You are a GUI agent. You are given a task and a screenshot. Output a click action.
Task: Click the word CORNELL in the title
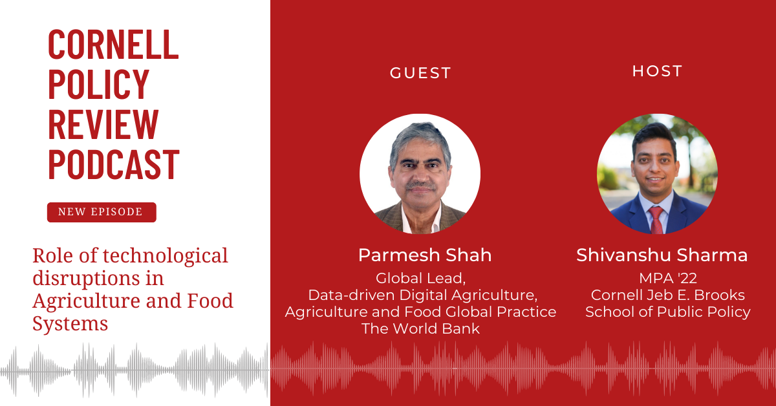[x=113, y=44]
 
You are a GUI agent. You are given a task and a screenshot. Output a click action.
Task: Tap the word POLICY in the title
[x=99, y=84]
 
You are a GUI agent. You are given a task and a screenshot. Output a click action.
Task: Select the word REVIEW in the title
[x=103, y=124]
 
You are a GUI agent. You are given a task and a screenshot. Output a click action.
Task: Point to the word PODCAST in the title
[x=114, y=164]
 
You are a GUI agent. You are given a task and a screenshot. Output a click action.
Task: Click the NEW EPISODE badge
[x=102, y=212]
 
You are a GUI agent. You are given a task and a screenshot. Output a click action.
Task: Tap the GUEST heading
[x=420, y=73]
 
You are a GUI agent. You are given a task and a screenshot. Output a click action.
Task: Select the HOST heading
[x=657, y=71]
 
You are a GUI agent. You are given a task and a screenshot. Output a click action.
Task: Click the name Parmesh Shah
[x=425, y=255]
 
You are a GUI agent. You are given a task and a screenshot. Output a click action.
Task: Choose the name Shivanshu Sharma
[x=662, y=255]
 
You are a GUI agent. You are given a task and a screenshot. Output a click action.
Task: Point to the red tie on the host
[x=656, y=220]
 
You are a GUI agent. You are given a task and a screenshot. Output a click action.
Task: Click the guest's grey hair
[x=420, y=138]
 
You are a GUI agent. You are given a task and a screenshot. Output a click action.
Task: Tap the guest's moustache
[x=421, y=185]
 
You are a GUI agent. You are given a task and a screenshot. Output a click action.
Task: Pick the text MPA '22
[x=668, y=278]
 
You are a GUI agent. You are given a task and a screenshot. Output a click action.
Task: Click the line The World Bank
[x=420, y=328]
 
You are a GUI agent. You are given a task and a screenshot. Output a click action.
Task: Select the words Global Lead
[x=420, y=279]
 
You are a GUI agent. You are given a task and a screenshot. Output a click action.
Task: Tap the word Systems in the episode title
[x=70, y=325]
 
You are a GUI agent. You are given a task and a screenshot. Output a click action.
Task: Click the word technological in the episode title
[x=166, y=256]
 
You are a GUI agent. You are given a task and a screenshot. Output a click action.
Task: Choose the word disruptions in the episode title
[x=86, y=278]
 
